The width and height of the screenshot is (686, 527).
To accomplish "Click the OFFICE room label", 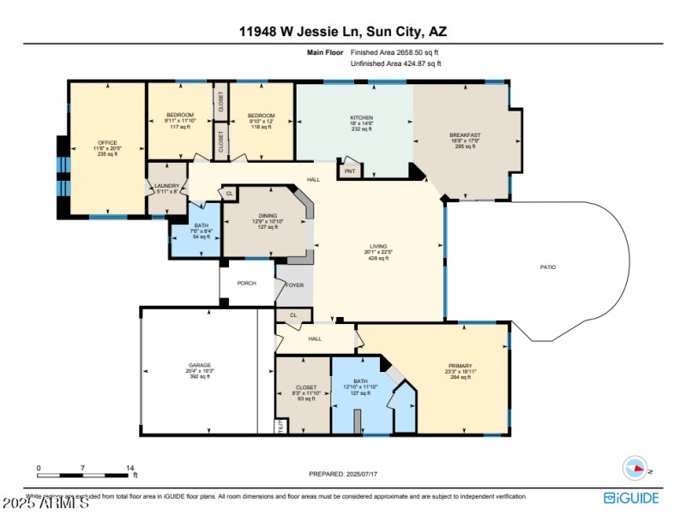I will coord(107,142).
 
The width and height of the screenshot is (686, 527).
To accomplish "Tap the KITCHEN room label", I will coord(361,117).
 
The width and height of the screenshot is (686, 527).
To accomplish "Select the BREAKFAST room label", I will coord(465,135).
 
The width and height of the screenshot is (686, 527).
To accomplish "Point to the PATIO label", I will coord(547,267).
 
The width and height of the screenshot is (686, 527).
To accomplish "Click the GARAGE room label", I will coord(200,365).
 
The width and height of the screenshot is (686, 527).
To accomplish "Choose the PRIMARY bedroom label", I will coord(460,365).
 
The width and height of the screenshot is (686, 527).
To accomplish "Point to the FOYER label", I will coord(295,285).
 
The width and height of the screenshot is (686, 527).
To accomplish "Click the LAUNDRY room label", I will coord(166,186).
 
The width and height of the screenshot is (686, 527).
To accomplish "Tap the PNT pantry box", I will coord(349,171).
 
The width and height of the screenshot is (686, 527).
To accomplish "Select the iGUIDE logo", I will coord(631,498).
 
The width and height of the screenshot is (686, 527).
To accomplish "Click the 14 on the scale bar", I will coord(129,468).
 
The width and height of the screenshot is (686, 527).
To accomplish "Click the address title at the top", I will coord(342,32).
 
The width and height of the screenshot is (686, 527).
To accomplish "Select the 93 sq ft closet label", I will coord(306,398).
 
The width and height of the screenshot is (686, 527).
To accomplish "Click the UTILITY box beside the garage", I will coord(280,424).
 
